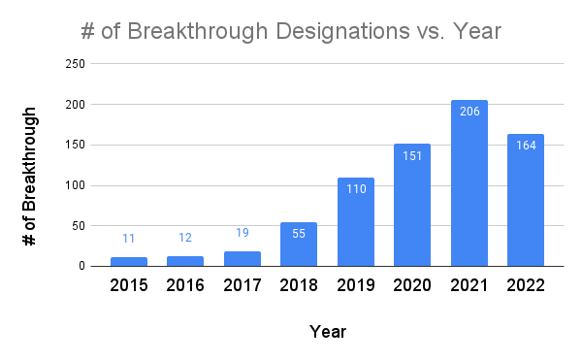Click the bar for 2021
(469, 184)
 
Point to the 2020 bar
(412, 206)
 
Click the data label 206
(469, 114)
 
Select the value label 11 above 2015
(128, 239)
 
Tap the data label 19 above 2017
(242, 233)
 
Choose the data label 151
(412, 157)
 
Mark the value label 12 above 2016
(185, 239)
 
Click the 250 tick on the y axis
(74, 64)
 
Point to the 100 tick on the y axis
(74, 185)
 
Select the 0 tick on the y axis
(81, 266)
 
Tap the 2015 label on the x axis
(128, 286)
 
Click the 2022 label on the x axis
(526, 286)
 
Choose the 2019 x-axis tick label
(355, 286)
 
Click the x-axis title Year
(328, 332)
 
